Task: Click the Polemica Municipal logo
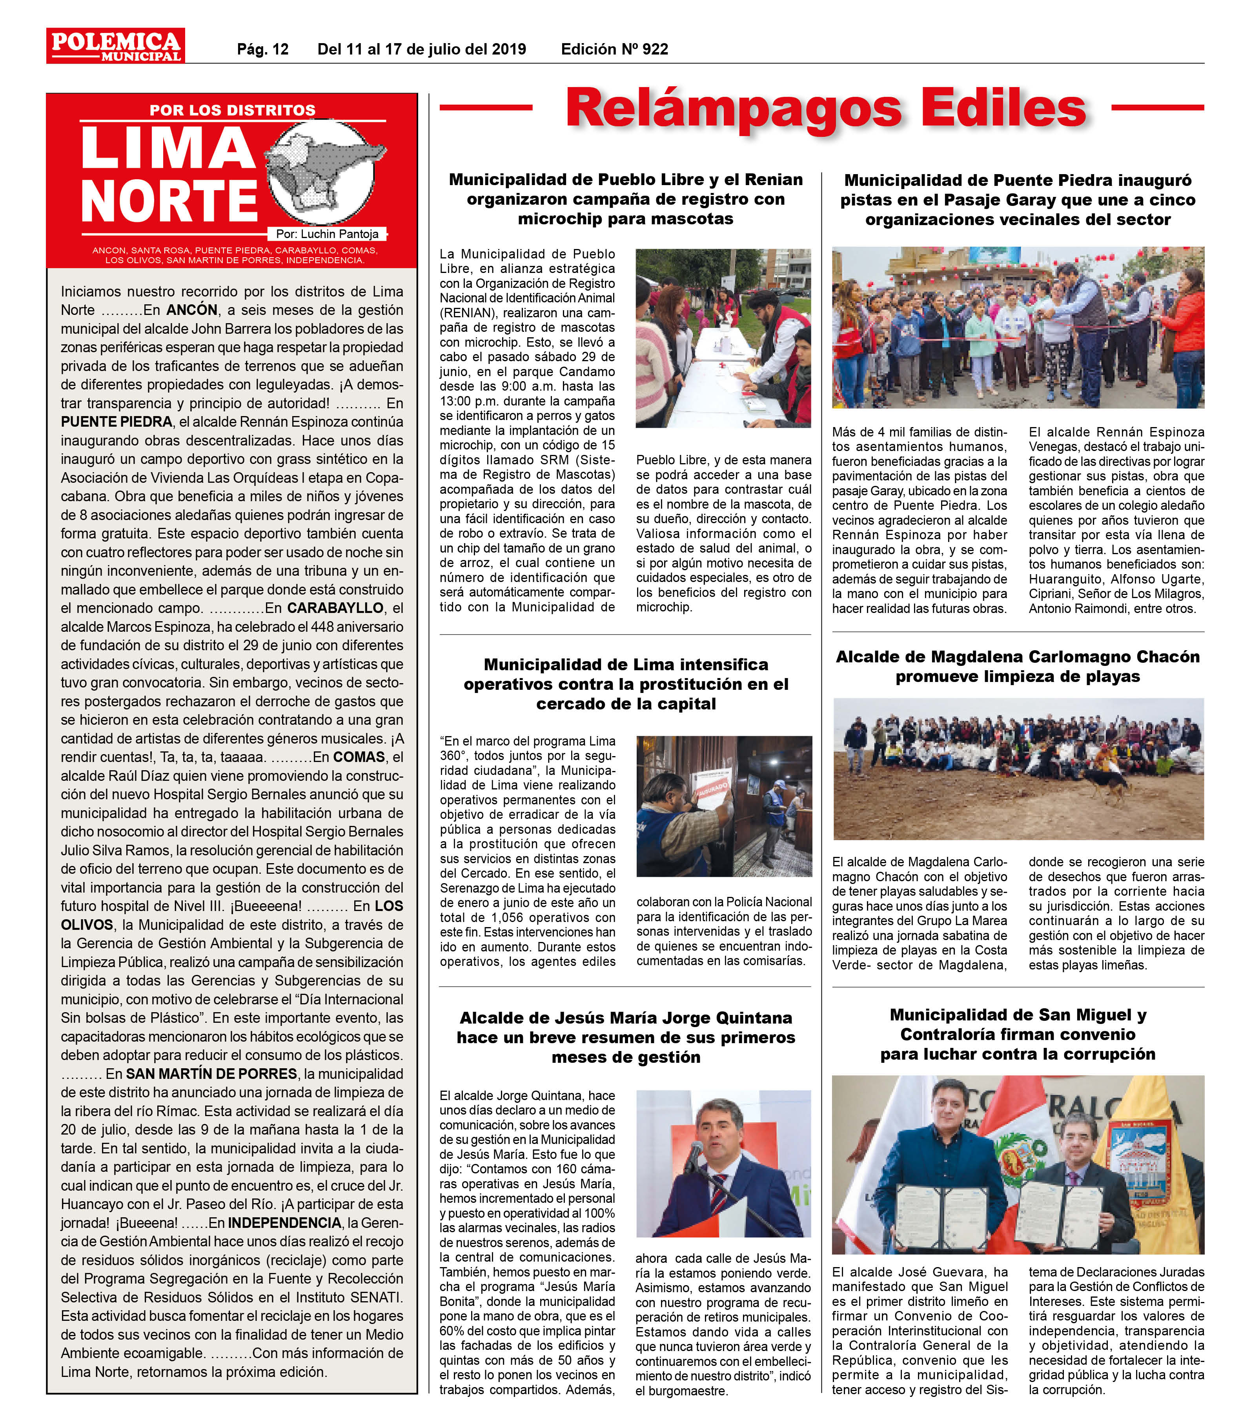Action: tap(115, 46)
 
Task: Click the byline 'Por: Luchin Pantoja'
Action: tap(327, 234)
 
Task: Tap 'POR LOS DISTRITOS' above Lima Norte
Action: tap(232, 110)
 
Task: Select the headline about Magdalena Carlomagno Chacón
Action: tap(1017, 666)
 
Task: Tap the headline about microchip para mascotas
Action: tap(625, 199)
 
